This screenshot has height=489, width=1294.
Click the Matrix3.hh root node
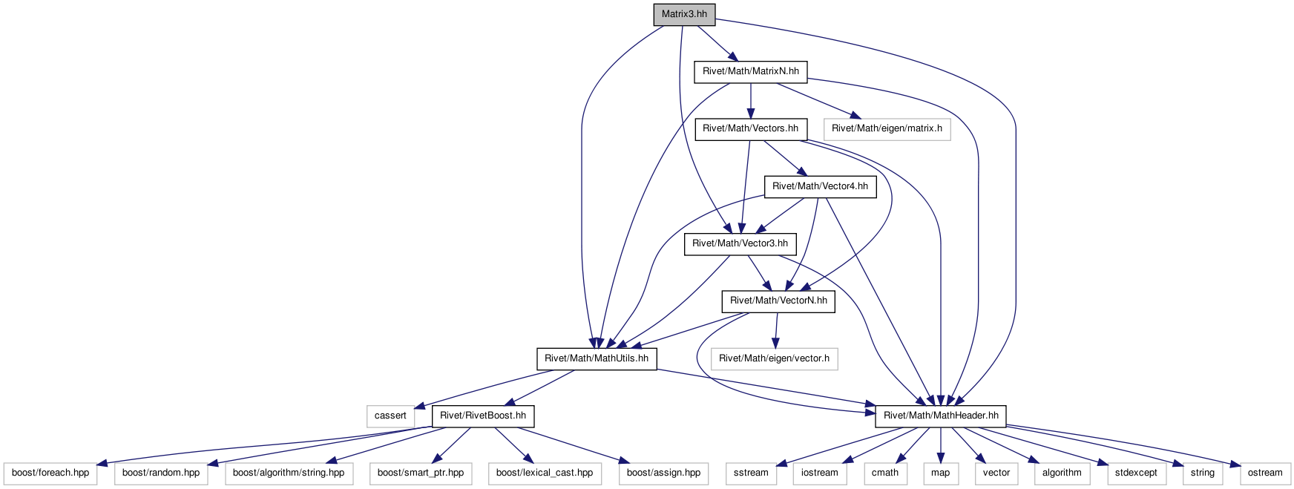point(684,14)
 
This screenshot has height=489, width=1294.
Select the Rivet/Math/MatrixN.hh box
point(751,71)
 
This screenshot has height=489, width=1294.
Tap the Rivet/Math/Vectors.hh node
point(750,128)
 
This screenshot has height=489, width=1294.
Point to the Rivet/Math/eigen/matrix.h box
point(887,128)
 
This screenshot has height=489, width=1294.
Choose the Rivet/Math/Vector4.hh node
point(820,186)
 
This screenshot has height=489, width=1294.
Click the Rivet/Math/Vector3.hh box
point(740,243)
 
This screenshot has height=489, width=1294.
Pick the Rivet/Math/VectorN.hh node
point(778,301)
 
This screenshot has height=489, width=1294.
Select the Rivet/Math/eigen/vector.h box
point(774,358)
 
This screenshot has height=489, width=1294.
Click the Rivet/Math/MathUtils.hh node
point(597,358)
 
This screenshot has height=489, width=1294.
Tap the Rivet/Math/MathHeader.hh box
point(941,416)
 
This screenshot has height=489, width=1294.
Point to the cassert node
point(390,416)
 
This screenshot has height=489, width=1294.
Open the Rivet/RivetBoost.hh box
point(483,416)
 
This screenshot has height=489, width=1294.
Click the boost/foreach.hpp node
point(50,473)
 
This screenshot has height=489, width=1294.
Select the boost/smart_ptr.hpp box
point(421,473)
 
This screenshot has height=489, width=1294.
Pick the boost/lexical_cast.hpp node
point(545,473)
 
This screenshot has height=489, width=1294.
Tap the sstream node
point(751,473)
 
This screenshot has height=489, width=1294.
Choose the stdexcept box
point(1136,473)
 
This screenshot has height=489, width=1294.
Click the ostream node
point(1265,473)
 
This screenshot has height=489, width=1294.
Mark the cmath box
point(885,473)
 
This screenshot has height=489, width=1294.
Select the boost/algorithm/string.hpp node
point(289,473)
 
